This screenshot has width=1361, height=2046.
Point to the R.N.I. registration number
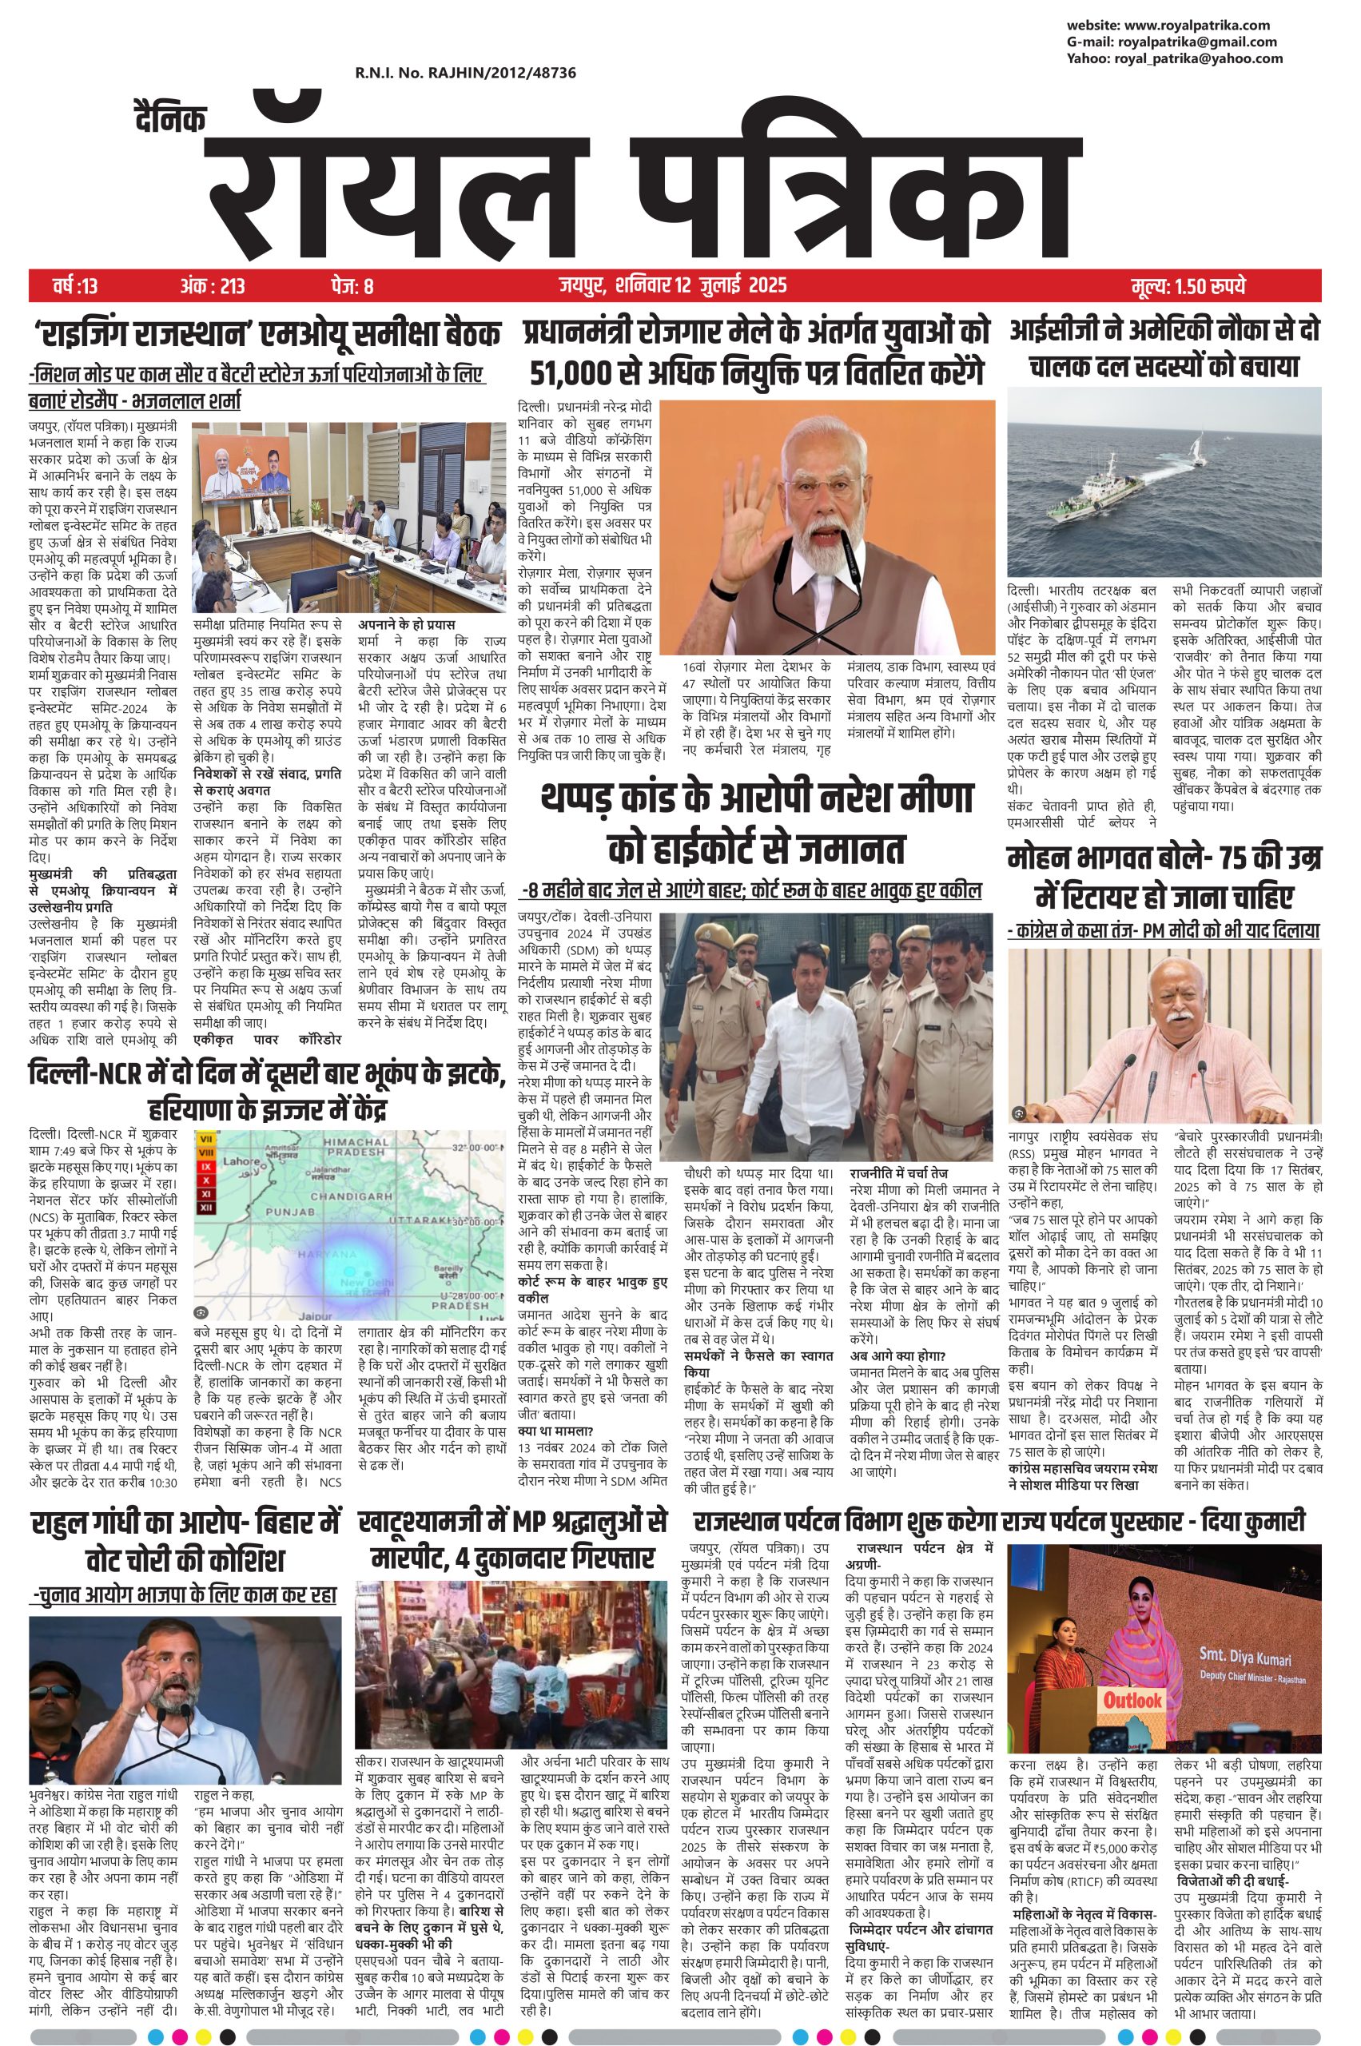465,74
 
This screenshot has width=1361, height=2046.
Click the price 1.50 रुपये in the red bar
1189,285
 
